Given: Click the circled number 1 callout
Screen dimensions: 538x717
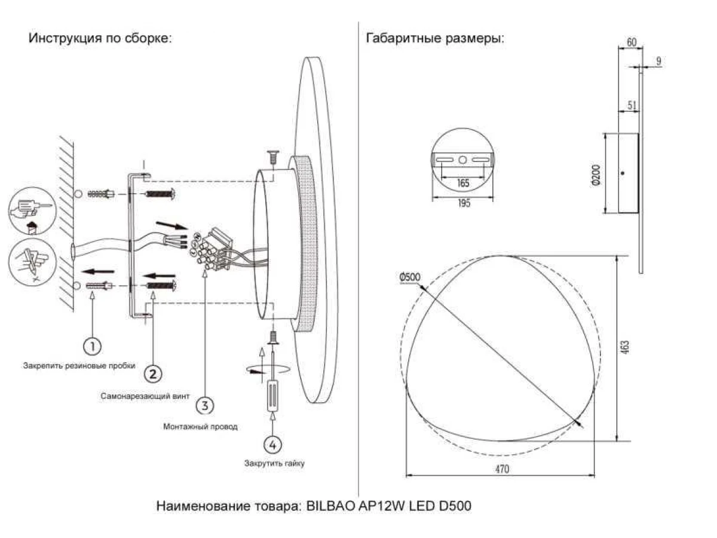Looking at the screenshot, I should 91,346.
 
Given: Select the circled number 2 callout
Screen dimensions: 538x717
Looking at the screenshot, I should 152,374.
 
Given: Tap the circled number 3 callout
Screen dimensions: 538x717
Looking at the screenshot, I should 204,405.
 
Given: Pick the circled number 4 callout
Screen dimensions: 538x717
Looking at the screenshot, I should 272,444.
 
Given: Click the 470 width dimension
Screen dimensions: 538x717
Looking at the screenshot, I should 501,470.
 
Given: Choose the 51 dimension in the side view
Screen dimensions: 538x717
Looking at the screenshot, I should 632,105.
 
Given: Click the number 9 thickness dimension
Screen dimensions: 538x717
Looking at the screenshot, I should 658,61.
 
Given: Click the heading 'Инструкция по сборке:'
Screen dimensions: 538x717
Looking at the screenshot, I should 100,38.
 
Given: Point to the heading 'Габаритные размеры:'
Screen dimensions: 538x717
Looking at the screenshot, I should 434,38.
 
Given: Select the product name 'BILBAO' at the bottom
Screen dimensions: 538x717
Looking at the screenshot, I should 330,506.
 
